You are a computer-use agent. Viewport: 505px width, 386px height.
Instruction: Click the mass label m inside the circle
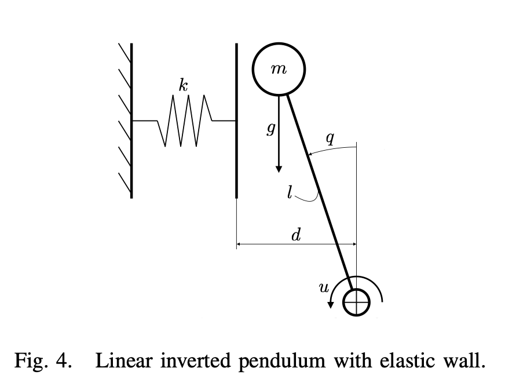[x=279, y=69]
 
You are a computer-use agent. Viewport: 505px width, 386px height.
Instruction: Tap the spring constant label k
[x=183, y=86]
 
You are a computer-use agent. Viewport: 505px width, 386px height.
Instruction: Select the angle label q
[x=330, y=138]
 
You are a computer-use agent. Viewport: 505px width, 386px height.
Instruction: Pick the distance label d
[x=295, y=234]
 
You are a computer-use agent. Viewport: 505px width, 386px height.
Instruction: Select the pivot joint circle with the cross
[x=356, y=301]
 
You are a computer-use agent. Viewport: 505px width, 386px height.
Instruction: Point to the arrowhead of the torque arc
[x=331, y=305]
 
